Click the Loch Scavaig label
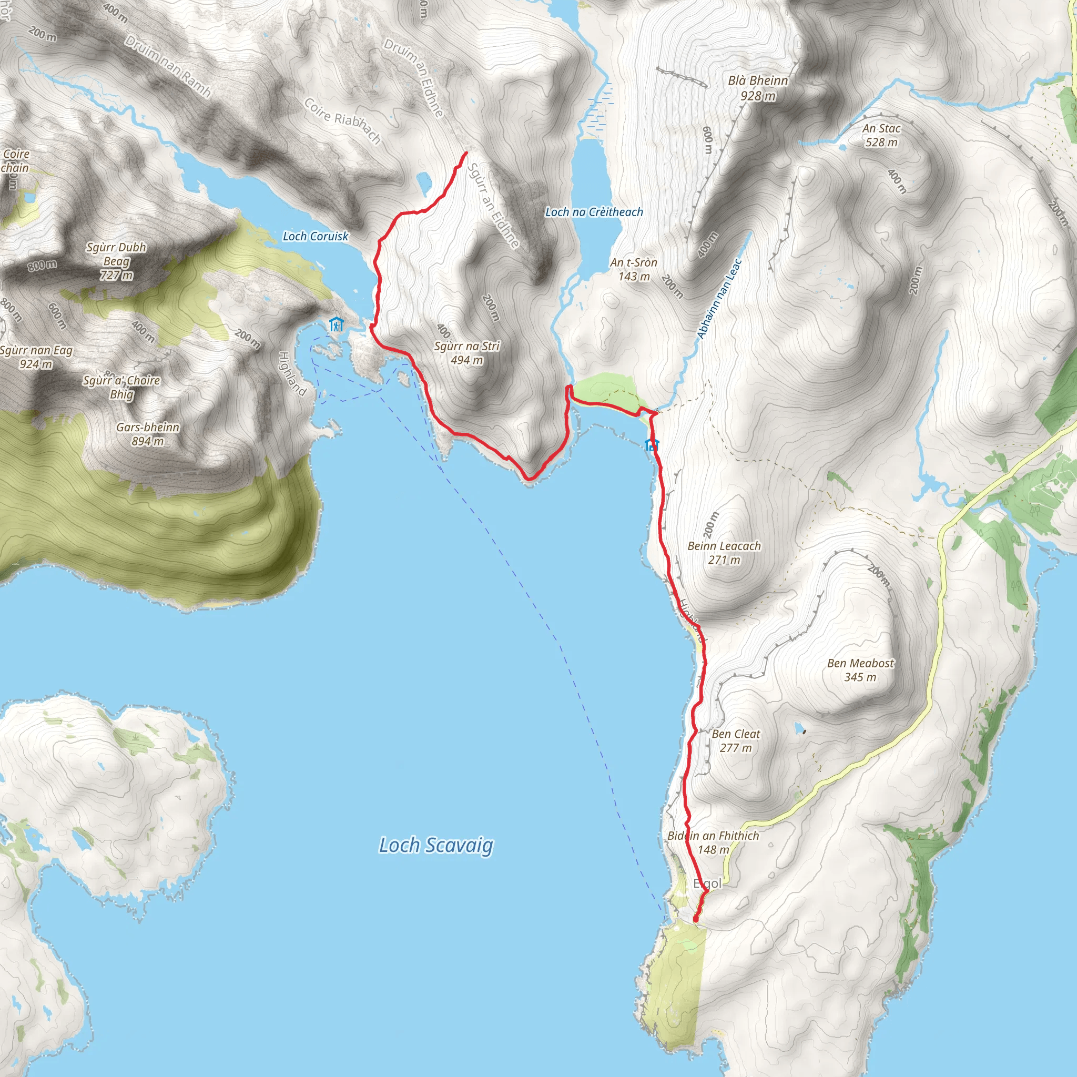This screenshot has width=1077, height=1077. coord(436,845)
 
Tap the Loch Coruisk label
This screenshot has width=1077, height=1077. coord(316,236)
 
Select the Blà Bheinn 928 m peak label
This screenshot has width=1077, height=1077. coord(758,88)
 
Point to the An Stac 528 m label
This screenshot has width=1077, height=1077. coord(881,136)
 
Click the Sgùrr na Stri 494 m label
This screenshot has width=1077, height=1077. coord(466,353)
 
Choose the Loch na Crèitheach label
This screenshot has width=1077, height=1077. coord(594,212)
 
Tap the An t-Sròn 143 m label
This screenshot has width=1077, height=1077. coord(634,269)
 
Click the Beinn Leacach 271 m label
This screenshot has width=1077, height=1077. coord(724,553)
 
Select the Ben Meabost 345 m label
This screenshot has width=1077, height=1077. coord(860,670)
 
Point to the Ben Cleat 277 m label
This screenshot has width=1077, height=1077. coord(736,741)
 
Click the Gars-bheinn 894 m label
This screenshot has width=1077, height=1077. coord(148,434)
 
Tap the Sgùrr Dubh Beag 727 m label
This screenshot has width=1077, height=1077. coord(117,261)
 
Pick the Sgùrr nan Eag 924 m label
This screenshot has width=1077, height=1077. coord(36,357)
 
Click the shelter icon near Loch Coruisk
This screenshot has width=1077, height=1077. coord(336,324)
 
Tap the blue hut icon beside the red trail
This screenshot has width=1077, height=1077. coord(652,444)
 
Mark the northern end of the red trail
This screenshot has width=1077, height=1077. coord(466,152)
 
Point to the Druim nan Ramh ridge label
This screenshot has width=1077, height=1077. coord(168,66)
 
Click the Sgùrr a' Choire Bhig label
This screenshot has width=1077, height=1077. coord(121,387)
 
